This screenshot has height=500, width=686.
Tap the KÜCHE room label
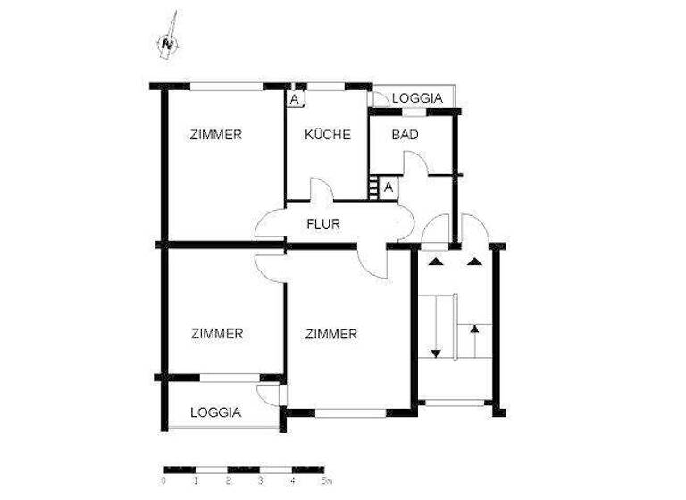[327, 135]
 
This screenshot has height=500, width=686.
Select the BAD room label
[406, 135]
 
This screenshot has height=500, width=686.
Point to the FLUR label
[322, 224]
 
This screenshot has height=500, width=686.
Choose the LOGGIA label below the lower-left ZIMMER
[215, 412]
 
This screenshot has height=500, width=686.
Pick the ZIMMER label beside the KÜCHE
[216, 135]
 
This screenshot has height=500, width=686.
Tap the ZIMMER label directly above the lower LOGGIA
[216, 334]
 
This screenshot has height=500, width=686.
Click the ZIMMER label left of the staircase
[330, 334]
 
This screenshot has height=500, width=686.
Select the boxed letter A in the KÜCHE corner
[295, 99]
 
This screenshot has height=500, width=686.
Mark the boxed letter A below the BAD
[388, 187]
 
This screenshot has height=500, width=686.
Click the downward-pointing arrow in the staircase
[436, 350]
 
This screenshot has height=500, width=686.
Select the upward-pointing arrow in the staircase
[474, 329]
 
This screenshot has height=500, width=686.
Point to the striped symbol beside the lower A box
[372, 187]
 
